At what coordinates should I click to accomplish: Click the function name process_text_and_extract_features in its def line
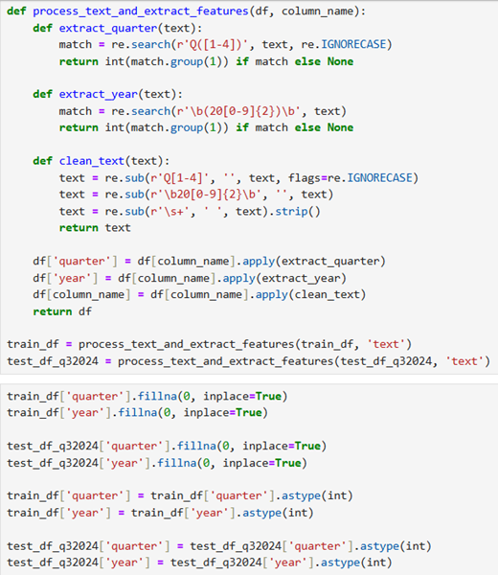click(x=141, y=11)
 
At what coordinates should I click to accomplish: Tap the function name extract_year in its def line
click(x=99, y=94)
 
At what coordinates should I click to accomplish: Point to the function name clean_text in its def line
click(x=92, y=161)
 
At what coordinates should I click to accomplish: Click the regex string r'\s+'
click(x=170, y=211)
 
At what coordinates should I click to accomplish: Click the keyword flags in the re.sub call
click(x=305, y=178)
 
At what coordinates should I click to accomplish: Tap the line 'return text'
click(x=95, y=228)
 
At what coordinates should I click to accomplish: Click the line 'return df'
click(x=62, y=311)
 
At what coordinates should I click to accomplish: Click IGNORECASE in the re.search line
click(x=353, y=44)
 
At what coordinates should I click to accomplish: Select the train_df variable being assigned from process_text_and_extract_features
click(x=33, y=344)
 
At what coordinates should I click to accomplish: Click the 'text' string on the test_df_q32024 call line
click(x=464, y=361)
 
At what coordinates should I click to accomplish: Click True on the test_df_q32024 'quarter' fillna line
click(x=307, y=446)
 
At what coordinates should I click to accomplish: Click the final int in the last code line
click(x=376, y=563)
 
